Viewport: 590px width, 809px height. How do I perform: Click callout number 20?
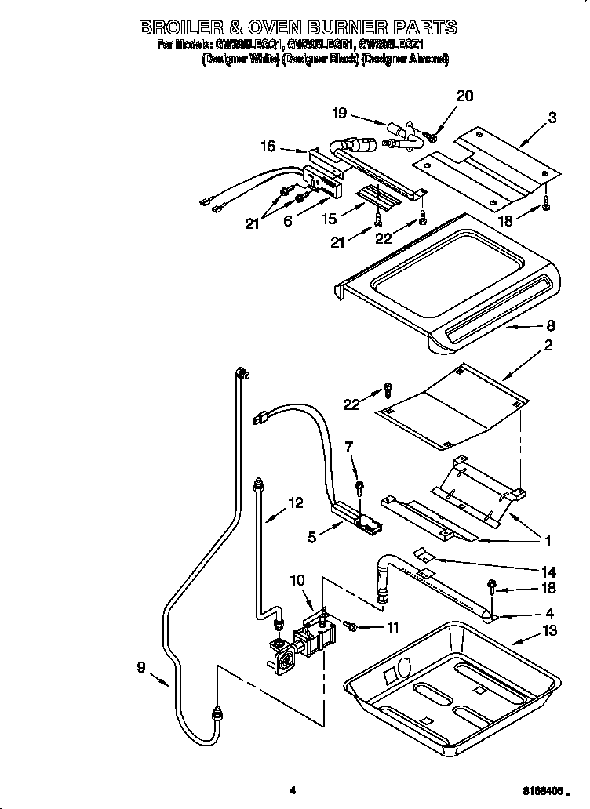464,96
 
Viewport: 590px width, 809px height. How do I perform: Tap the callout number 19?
339,113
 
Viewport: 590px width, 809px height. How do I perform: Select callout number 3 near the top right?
552,118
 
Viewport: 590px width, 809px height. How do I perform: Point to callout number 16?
268,146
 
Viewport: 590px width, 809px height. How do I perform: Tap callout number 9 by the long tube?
140,668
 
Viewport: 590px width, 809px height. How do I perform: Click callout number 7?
350,447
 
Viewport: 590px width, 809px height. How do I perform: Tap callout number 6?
288,223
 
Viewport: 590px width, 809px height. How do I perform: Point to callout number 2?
548,344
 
